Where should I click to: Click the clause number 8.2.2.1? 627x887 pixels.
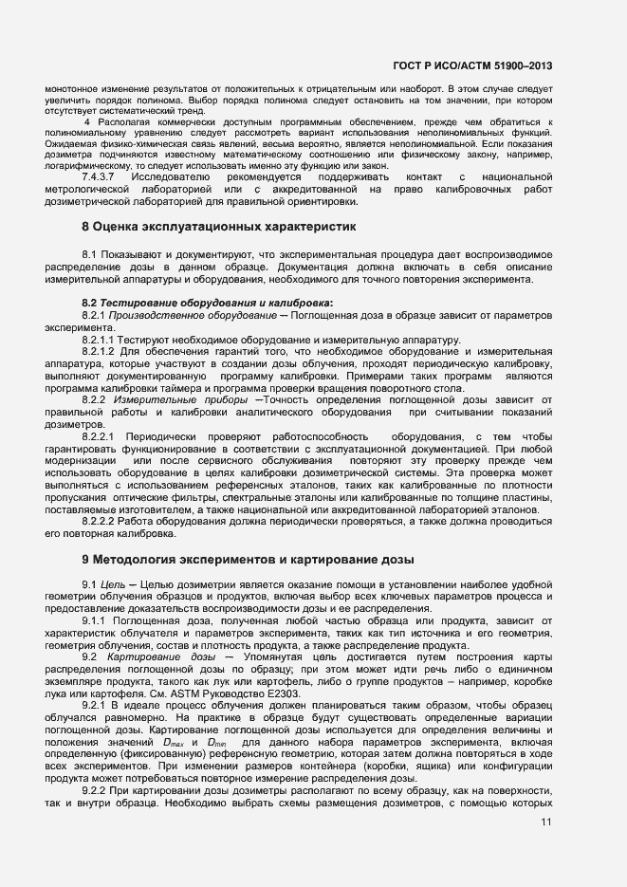point(99,437)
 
